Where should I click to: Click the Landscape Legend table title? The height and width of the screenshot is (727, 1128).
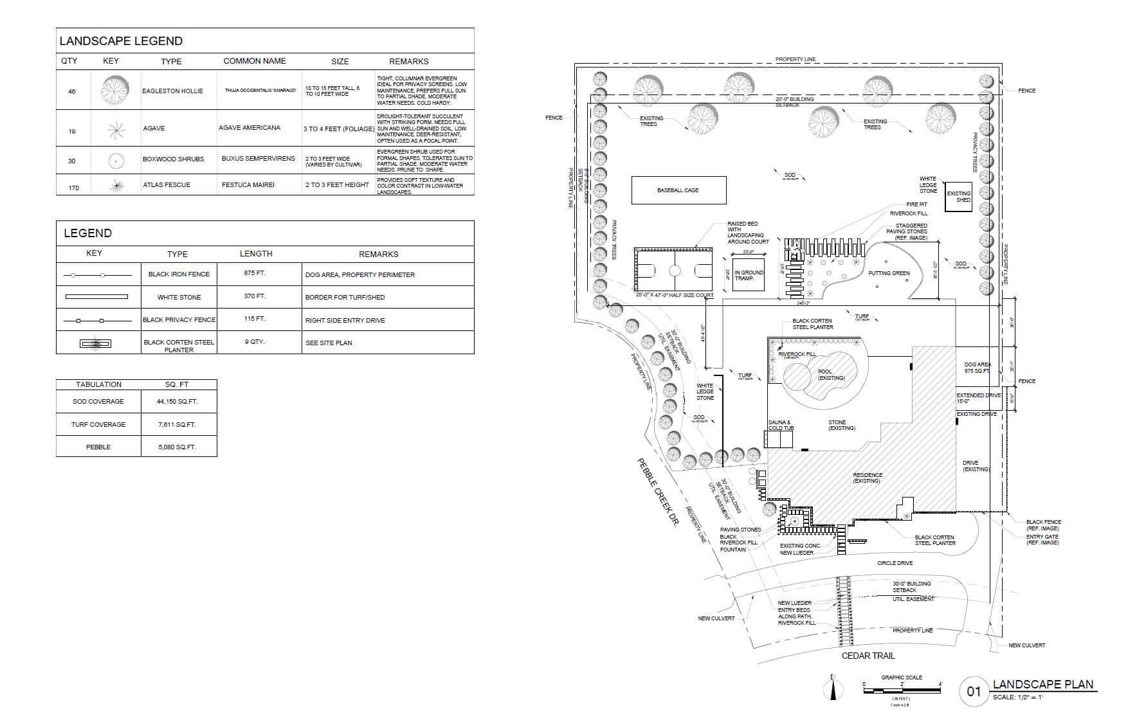[121, 41]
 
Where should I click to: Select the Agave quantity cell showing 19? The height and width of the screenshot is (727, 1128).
[72, 131]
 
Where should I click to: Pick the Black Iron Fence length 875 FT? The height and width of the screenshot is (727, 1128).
[255, 273]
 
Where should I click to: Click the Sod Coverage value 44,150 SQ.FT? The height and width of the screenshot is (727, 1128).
[178, 401]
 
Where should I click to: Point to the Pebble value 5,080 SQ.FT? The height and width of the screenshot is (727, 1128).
[177, 447]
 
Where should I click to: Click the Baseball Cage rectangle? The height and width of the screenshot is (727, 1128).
[678, 190]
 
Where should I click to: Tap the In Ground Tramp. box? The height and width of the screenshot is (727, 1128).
[749, 275]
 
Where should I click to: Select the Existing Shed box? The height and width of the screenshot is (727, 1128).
[958, 197]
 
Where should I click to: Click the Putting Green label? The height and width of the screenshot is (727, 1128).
[889, 273]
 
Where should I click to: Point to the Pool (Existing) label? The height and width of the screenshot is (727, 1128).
[831, 375]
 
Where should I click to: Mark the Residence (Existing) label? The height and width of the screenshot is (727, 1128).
[867, 478]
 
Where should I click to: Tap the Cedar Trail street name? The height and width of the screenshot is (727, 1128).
[868, 656]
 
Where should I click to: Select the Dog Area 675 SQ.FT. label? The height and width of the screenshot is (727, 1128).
[977, 368]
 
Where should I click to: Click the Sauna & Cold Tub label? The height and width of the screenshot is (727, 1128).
[780, 425]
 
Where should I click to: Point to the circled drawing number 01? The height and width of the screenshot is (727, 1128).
[974, 692]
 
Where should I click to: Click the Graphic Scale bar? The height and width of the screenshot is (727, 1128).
[902, 690]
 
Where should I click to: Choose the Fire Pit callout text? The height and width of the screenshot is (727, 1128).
[916, 204]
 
